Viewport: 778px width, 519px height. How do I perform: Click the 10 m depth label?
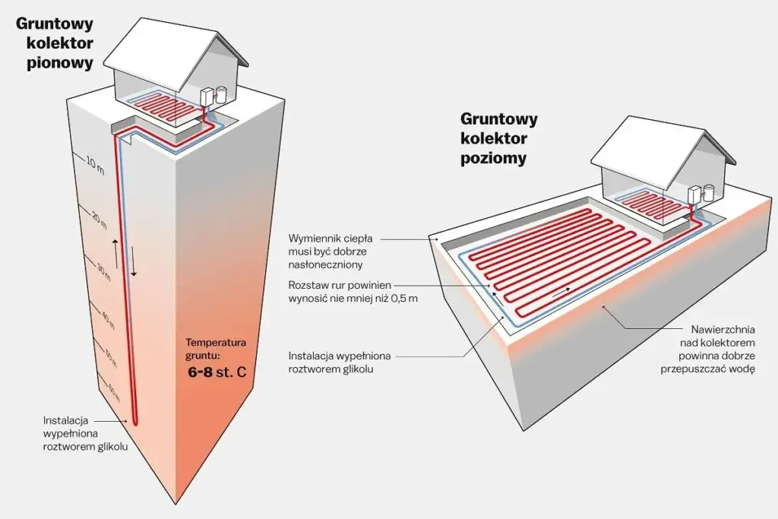[x=95, y=165]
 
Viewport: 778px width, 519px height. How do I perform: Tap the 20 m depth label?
[x=100, y=220]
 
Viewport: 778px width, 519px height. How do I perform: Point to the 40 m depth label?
[x=107, y=321]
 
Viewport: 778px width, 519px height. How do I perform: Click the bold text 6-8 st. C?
[x=217, y=372]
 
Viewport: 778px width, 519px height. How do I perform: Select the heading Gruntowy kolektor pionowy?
[x=54, y=43]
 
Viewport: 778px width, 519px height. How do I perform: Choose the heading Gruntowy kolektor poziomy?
[x=499, y=138]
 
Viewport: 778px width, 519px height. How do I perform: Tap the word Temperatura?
[x=216, y=342]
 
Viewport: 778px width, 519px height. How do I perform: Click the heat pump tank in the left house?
[x=221, y=94]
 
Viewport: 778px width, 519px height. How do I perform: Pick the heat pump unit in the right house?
[x=694, y=195]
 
